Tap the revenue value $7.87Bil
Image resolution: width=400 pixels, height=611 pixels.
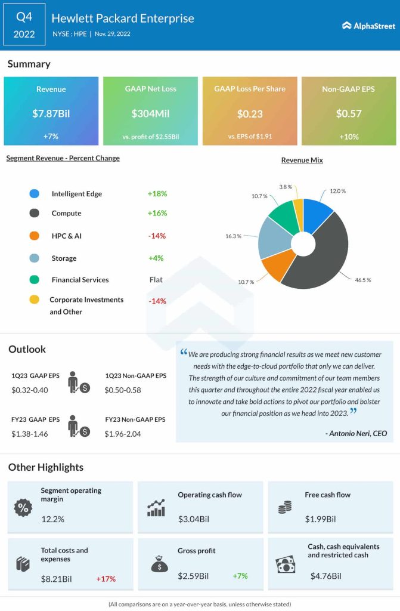pos(51,113)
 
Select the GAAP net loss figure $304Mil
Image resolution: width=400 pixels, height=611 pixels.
pos(150,113)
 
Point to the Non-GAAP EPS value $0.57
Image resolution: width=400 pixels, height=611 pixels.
pos(348,113)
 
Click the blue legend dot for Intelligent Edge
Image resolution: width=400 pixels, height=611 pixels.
pos(34,194)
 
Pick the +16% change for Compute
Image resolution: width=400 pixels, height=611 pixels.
pos(157,213)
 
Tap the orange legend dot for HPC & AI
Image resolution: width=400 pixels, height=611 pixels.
pos(34,236)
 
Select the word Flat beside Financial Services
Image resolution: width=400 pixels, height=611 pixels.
pos(156,279)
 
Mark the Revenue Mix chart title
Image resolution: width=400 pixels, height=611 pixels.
pos(302,160)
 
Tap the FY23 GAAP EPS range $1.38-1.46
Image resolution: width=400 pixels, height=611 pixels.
pos(30,434)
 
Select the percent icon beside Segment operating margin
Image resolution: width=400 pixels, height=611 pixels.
pos(23,508)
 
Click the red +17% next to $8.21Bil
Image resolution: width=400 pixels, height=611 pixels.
pos(106,579)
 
